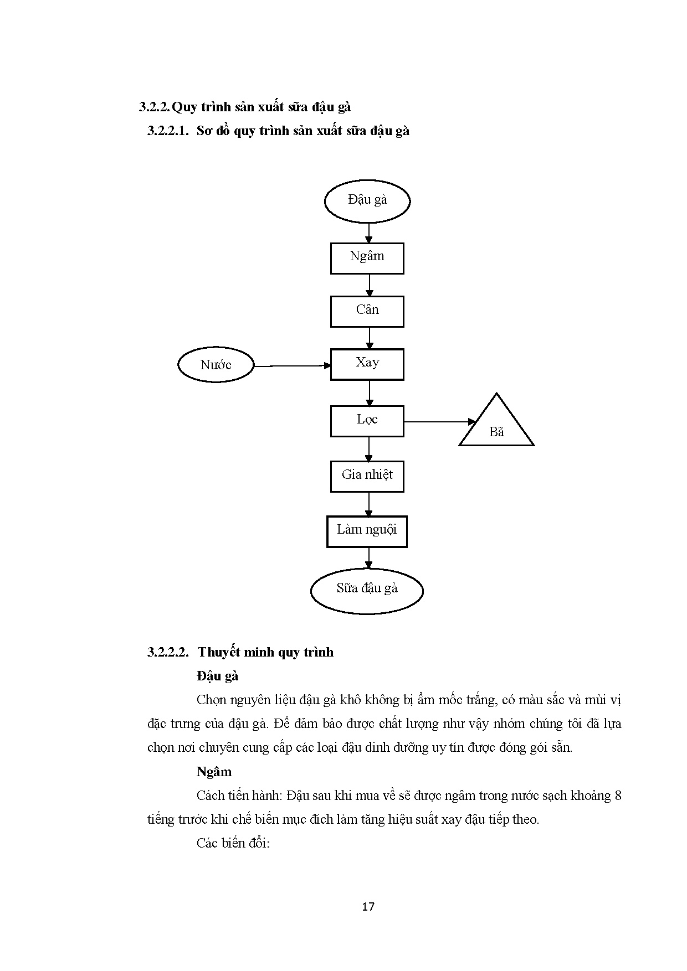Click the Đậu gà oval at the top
coord(367,200)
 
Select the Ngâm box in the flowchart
coord(367,258)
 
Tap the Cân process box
coord(367,311)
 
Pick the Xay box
coord(367,364)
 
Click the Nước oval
coord(216,365)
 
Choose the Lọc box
coord(367,421)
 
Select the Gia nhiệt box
coord(367,476)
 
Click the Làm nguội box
coord(367,531)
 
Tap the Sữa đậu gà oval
coord(367,590)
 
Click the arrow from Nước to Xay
coord(291,365)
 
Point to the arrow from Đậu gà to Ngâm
coord(369,233)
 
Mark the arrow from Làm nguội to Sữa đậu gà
coord(369,557)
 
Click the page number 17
coord(368,907)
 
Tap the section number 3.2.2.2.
coord(168,652)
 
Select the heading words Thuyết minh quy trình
coord(266,652)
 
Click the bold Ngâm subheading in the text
coord(214,772)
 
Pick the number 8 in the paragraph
coord(618,796)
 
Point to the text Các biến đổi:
coord(233,843)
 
